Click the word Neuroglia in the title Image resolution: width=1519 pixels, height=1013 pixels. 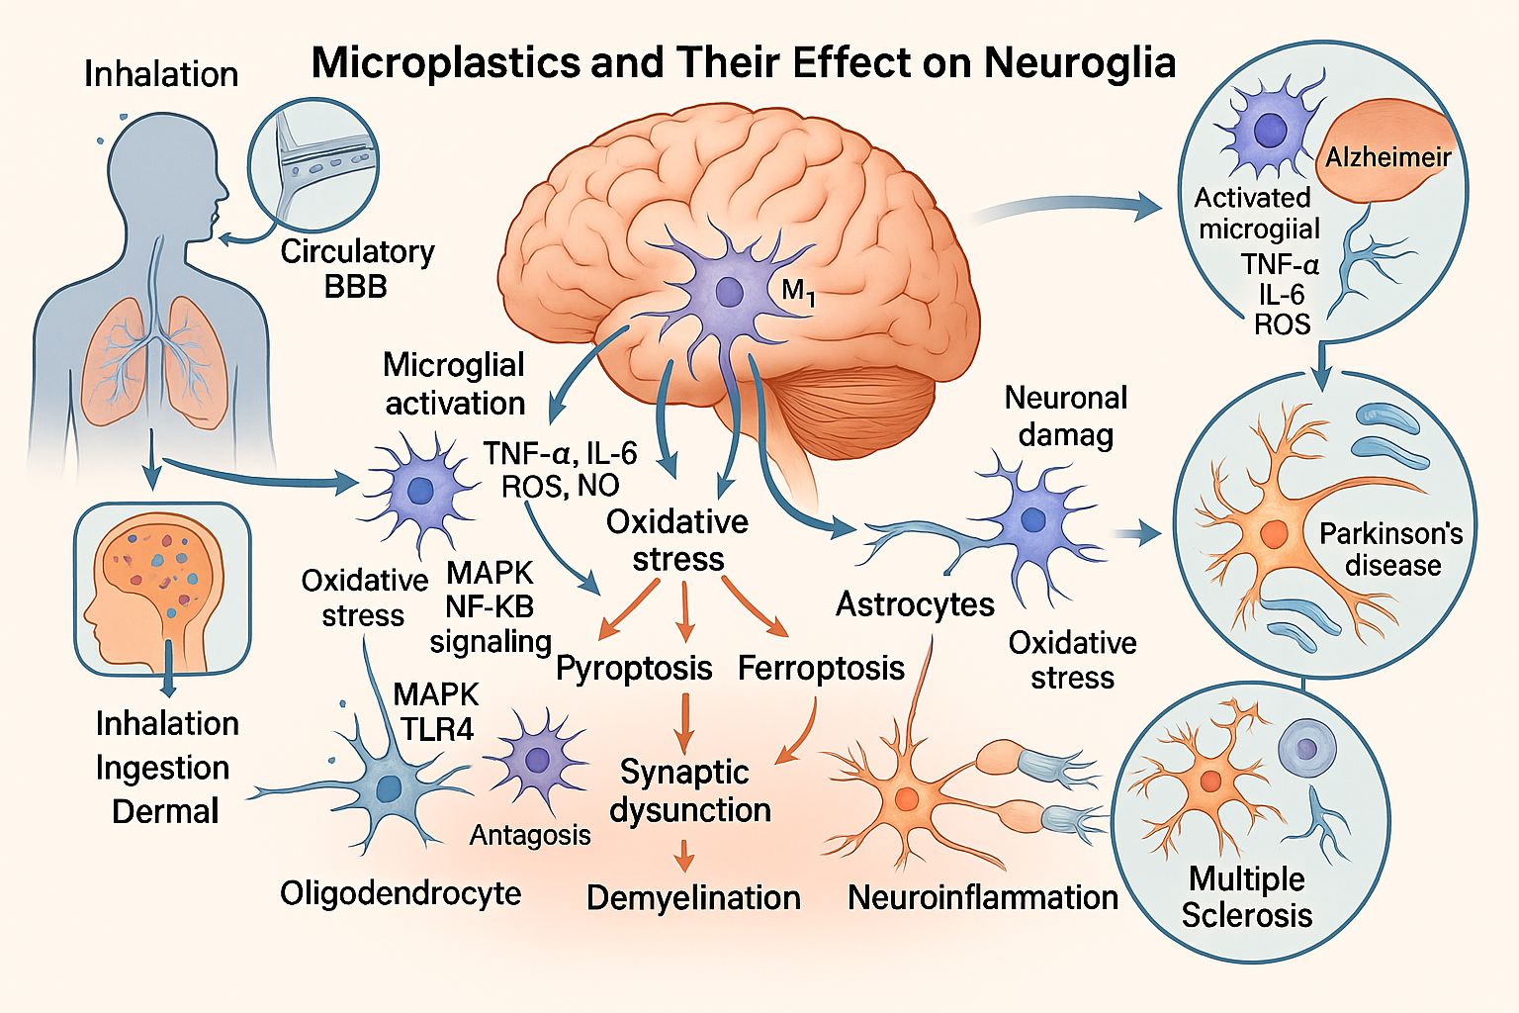point(1080,63)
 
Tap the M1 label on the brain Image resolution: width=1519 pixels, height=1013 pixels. point(798,291)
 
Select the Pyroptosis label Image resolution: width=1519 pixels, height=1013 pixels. point(634,668)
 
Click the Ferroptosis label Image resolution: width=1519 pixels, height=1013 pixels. point(821,668)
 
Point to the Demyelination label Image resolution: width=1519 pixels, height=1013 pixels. point(693,897)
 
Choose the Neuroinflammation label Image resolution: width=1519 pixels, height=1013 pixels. point(983,897)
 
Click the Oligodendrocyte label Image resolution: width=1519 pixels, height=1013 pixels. point(401,892)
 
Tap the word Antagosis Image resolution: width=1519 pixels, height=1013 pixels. point(530,835)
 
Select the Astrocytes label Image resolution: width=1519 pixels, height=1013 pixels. point(915,603)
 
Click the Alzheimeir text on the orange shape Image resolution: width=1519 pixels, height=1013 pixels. point(1387,156)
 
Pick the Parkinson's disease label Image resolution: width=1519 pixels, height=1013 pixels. point(1391,549)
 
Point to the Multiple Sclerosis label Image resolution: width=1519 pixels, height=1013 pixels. point(1247,896)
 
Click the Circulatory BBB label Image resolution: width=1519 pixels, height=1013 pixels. point(357,269)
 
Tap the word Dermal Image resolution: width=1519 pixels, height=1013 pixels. point(165,811)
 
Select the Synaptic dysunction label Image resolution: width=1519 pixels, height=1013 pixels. point(689,790)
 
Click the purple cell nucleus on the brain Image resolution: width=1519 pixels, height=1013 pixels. point(730,291)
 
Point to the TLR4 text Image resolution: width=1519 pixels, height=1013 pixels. point(437,729)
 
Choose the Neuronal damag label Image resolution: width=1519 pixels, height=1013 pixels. point(1066,415)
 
